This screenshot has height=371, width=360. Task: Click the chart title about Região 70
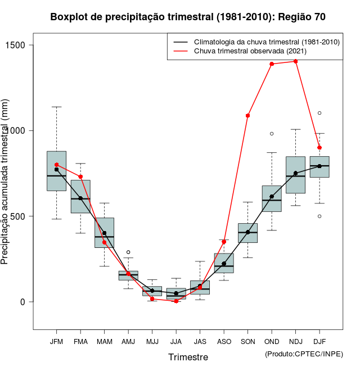pos(188,17)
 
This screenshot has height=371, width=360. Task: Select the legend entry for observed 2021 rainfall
pos(250,51)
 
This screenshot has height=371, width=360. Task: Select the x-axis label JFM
pos(56,342)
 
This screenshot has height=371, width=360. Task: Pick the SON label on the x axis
pos(247,342)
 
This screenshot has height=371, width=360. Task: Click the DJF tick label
pos(319,342)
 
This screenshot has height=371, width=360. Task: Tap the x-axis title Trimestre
pos(188,357)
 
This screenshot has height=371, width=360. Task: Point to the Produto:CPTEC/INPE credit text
pos(304,354)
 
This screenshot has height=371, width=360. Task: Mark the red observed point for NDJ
pos(295,61)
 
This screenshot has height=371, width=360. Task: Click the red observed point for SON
pos(247,116)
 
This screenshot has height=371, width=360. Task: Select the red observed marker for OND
pos(272,64)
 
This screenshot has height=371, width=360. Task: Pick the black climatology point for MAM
pos(104,233)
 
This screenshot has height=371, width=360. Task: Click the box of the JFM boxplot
pos(56,171)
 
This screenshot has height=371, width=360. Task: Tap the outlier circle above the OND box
pos(272,134)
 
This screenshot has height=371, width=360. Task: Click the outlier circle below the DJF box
pos(319,216)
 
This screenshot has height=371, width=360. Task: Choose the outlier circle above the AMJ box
pos(128,252)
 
